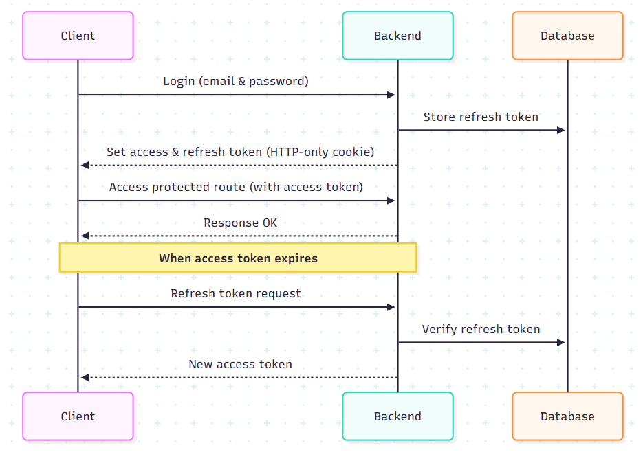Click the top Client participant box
pos(78,36)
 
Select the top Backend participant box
pos(397,36)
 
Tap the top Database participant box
pos(567,36)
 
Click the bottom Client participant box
pos(78,416)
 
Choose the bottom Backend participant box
pos(397,416)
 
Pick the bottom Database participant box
pos(567,416)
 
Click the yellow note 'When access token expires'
pos(238,258)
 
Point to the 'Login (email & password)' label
pos(236,81)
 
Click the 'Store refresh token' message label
pos(481,117)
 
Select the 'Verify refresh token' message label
pos(481,329)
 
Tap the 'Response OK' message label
pos(240,223)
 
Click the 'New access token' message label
pos(240,364)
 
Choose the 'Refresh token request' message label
pos(236,293)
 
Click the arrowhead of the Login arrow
pos(392,95)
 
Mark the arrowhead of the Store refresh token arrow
pos(561,130)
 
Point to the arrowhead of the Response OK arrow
pos(84,236)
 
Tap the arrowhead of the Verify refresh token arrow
pos(561,342)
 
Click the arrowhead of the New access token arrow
pos(84,378)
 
